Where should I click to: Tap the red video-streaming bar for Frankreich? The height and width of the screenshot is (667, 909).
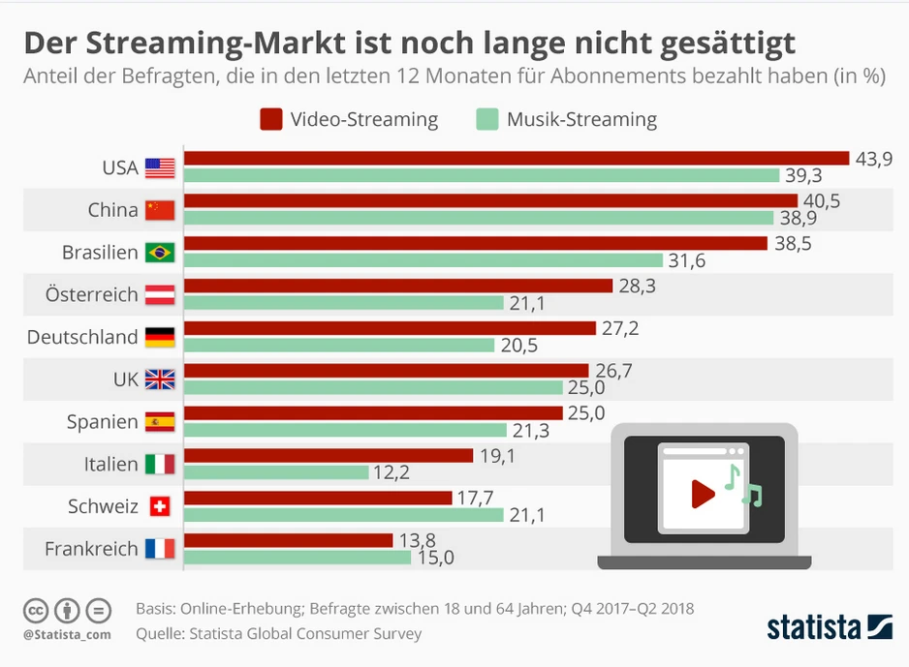coord(289,540)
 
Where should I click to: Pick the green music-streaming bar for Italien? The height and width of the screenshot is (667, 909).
coord(277,472)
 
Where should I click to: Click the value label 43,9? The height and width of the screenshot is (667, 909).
coord(873,159)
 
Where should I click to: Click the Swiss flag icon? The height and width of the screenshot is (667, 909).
coord(160,506)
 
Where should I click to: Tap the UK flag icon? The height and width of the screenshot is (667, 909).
coord(160,379)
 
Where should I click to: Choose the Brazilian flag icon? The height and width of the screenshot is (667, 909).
coord(160,253)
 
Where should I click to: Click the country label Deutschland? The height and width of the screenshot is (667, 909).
coord(82,337)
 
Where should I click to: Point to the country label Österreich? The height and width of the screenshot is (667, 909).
coord(92,294)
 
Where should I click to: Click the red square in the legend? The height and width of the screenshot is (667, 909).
coord(271,119)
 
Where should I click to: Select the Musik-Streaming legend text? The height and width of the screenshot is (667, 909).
coord(581,120)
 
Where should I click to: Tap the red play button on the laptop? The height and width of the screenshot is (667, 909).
coord(703,495)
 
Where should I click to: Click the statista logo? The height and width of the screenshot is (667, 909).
coord(830,626)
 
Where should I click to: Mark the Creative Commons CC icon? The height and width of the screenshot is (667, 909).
coord(36,611)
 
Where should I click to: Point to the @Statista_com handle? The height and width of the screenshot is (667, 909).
coord(66,634)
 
